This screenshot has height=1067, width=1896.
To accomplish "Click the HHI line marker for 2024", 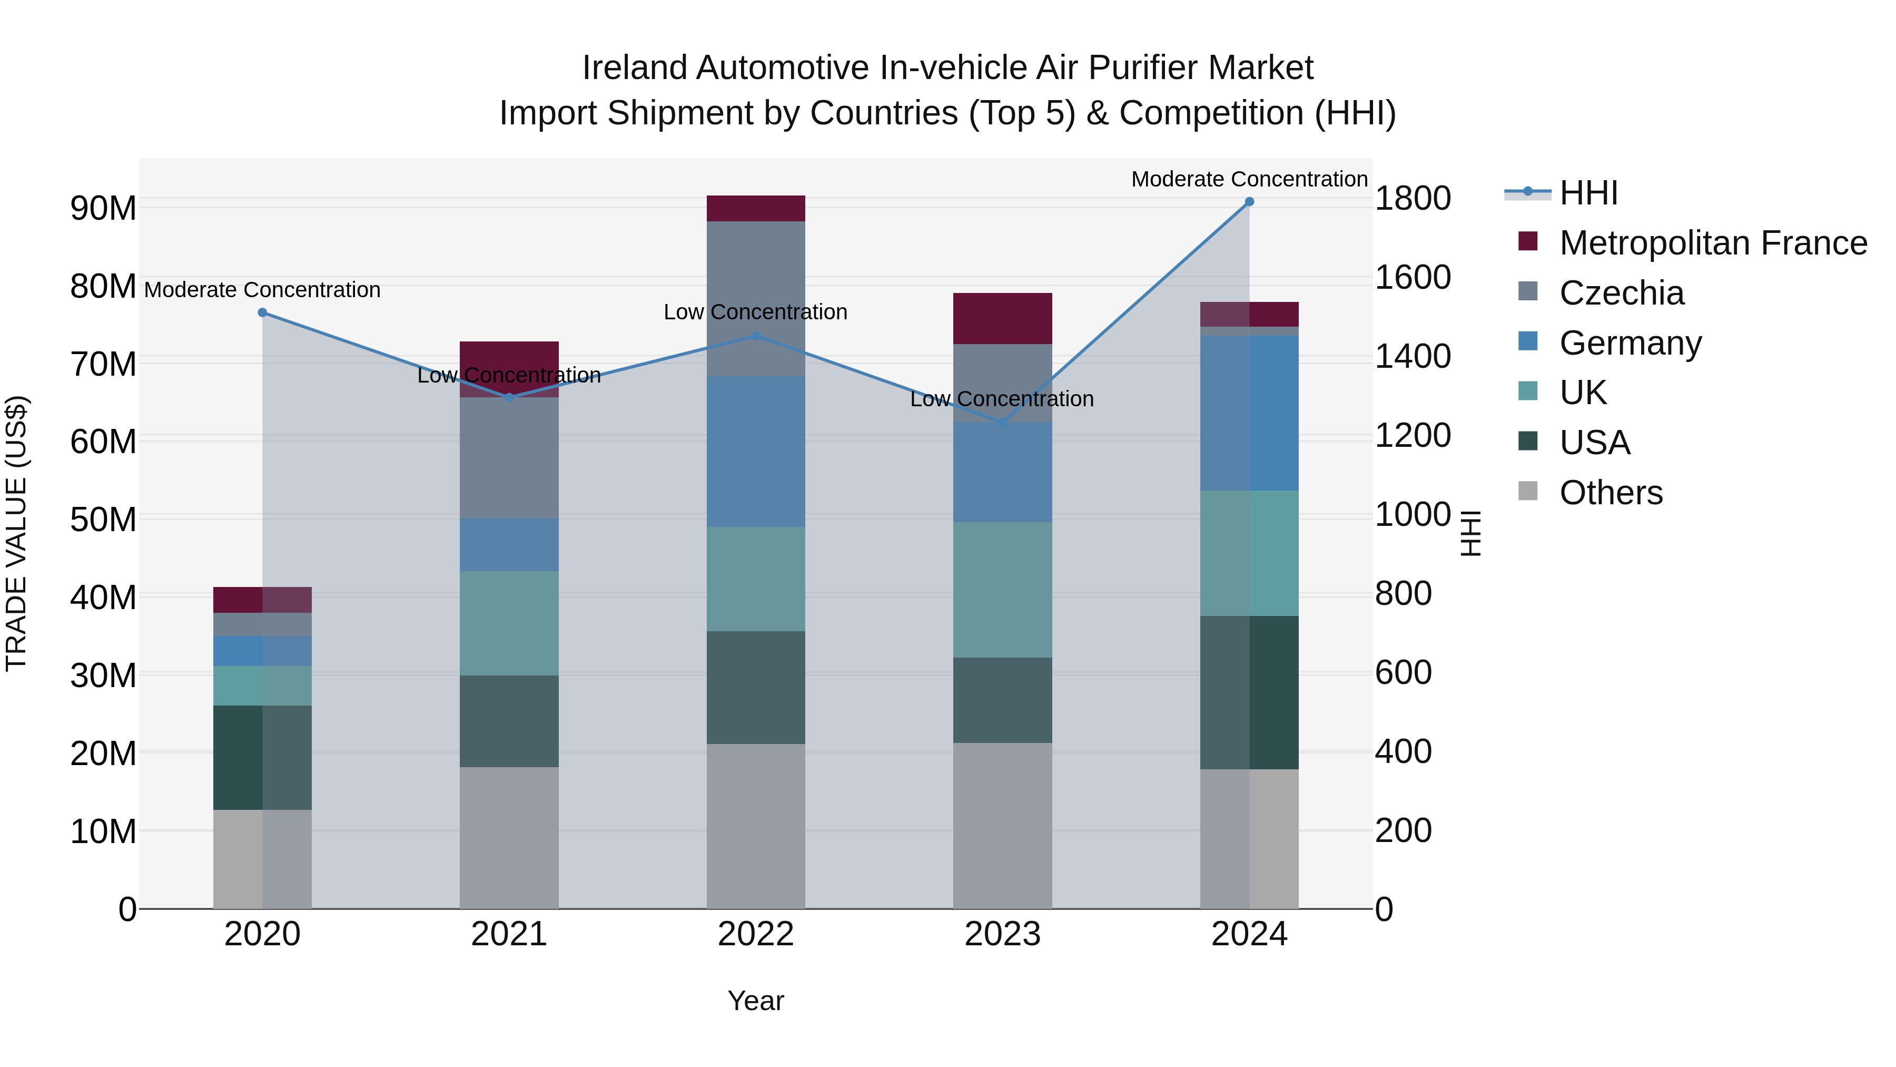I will (x=1249, y=202).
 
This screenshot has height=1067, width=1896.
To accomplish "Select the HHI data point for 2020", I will (x=262, y=313).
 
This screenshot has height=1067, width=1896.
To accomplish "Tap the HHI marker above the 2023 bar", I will (x=1002, y=423).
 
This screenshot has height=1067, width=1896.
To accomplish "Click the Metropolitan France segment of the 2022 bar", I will (x=756, y=208).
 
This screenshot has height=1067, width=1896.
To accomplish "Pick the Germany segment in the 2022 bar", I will (x=756, y=452).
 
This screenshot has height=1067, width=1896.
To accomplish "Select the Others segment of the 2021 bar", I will (x=509, y=837).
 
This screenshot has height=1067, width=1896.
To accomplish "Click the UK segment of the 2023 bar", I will (x=1002, y=590).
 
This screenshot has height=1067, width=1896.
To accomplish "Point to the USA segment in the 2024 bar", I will (x=1249, y=692).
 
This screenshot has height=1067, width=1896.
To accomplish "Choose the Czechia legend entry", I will (x=1622, y=293).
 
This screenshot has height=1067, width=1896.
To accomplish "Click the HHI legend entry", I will (x=1588, y=193).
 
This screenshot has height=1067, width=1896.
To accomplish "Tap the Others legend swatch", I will (x=1528, y=491).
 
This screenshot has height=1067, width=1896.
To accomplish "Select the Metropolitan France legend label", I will (x=1713, y=243).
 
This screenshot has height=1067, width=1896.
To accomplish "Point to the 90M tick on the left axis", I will (x=103, y=208).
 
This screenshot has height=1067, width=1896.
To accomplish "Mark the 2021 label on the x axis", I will (x=509, y=934).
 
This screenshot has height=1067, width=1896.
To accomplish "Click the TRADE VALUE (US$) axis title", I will (x=16, y=533).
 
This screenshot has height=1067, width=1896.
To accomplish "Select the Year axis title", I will (x=756, y=1001).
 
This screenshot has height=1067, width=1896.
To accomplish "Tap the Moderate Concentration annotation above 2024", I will (x=1249, y=179).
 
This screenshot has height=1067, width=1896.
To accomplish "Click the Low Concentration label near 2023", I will (x=1002, y=399).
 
